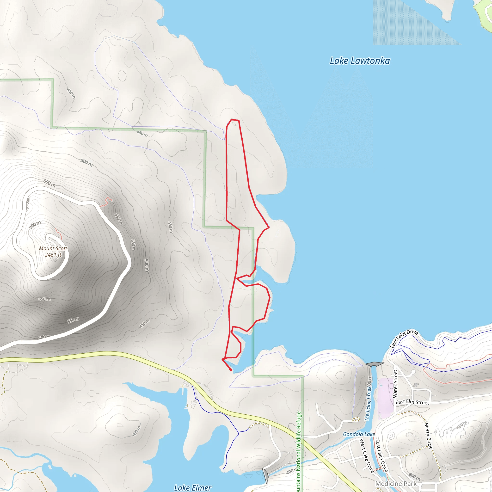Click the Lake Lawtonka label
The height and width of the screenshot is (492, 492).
[360, 61]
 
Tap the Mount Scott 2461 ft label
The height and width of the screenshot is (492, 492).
[53, 251]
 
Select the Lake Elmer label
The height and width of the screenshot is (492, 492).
[192, 487]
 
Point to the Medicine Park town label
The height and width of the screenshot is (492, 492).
[396, 483]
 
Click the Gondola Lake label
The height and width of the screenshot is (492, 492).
[359, 434]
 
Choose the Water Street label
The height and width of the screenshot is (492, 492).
[395, 384]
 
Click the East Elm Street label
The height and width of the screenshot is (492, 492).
[412, 402]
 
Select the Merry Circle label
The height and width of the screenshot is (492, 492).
[428, 436]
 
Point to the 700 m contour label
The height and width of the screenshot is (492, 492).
[35, 225]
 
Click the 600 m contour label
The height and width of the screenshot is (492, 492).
[49, 183]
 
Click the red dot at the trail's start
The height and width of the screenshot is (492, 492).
[231, 370]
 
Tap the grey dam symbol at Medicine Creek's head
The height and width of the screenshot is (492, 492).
[374, 364]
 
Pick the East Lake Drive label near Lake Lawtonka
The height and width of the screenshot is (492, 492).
[404, 339]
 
